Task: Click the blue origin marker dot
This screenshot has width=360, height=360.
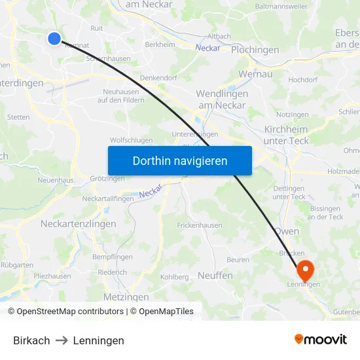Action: [54, 39]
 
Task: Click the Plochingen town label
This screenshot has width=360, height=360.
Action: [255, 50]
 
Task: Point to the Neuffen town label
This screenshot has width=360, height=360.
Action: [215, 276]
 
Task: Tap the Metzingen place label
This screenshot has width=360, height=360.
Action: [126, 297]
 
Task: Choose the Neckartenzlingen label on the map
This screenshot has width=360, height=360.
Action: [78, 224]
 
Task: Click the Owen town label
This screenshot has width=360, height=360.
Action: [287, 231]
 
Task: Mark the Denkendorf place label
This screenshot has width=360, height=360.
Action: [159, 77]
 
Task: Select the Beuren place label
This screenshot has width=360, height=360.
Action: [238, 260]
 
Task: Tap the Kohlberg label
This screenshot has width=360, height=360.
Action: [174, 277]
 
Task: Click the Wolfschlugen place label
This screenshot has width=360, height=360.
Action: [131, 140]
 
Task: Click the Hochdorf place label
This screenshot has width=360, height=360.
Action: [302, 79]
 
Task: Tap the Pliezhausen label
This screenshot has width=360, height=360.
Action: [52, 276]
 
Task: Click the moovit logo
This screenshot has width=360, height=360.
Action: [321, 339]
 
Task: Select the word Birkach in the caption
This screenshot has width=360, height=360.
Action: [31, 340]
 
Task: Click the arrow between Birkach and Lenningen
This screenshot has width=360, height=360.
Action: [62, 340]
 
